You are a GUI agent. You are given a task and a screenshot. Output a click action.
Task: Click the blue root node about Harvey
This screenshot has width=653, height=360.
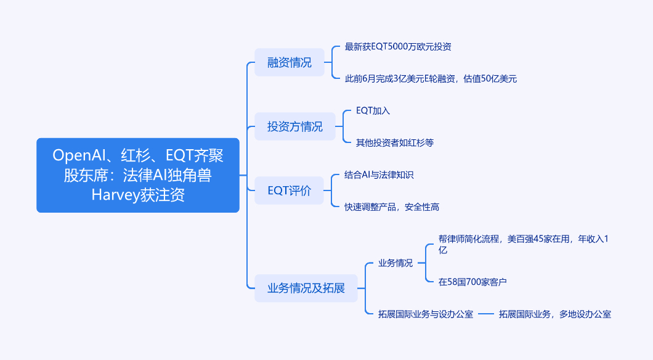137,175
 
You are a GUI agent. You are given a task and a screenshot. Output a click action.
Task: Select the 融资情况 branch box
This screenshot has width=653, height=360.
289,62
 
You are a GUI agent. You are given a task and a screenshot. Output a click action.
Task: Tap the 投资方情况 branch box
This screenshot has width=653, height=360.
294,126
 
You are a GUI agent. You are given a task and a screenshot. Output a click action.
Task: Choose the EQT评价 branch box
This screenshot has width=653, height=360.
289,190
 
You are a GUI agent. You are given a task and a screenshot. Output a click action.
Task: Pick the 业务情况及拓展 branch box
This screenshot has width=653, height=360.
306,288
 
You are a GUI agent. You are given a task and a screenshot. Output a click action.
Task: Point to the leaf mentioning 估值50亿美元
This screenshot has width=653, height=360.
430,78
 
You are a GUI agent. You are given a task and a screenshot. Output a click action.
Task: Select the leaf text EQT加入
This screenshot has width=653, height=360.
373,111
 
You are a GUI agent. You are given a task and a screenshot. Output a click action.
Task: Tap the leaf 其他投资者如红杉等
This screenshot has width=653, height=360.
394,142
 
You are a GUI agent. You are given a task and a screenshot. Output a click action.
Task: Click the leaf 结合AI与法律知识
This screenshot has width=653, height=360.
379,175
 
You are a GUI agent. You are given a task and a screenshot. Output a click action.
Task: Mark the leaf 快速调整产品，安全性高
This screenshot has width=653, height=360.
392,207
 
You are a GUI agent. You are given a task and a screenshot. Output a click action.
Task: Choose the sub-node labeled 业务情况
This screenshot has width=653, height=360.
395,263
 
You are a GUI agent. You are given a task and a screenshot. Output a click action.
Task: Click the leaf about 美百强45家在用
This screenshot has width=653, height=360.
524,244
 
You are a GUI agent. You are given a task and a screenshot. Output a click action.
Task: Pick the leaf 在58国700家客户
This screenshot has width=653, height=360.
473,282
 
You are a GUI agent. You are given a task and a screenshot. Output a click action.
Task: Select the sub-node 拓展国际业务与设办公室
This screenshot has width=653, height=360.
425,314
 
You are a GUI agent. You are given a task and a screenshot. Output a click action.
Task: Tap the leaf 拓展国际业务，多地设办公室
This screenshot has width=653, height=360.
554,314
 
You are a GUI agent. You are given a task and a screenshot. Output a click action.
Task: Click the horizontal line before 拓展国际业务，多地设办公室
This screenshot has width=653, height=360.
486,314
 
